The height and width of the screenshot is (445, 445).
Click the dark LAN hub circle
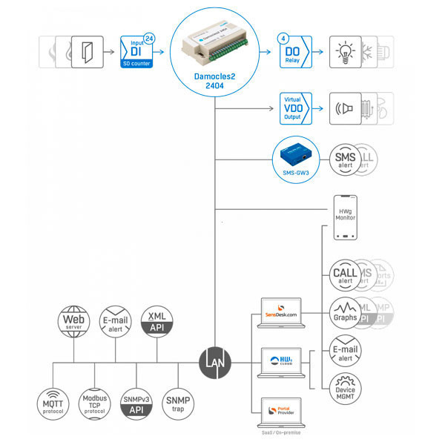[x=215, y=363]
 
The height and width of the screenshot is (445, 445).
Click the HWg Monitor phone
[x=346, y=217]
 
